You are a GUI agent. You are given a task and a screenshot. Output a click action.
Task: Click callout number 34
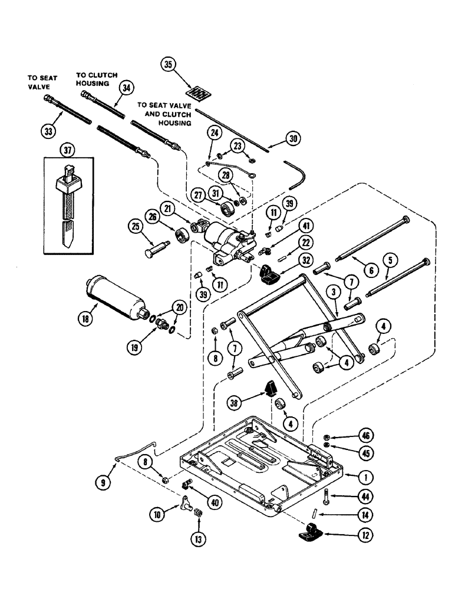125,88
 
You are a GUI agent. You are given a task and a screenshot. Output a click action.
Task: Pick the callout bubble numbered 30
274,140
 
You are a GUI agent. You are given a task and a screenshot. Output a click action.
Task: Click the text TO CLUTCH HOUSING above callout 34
96,80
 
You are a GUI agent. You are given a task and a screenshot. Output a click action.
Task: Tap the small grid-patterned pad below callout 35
199,92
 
